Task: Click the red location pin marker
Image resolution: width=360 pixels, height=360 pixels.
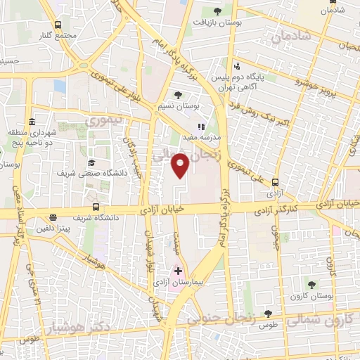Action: tap(181, 165)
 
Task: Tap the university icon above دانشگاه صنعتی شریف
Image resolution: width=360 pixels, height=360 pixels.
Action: tap(91, 163)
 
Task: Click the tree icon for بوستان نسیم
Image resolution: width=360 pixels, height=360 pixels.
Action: tap(177, 96)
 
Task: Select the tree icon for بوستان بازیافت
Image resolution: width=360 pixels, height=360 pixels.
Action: tap(217, 11)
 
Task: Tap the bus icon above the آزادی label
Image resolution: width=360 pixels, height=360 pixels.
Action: tap(274, 181)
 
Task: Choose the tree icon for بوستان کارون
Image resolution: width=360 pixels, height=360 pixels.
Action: tap(311, 285)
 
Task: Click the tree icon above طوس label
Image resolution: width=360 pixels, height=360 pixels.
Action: tap(268, 314)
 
